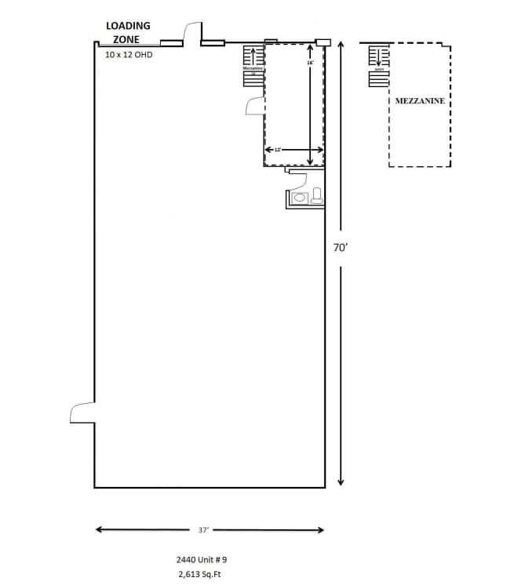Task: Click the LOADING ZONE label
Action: tap(128, 32)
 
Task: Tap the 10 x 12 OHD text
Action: tap(129, 55)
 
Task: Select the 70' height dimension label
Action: tap(340, 247)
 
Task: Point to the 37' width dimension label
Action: tap(203, 530)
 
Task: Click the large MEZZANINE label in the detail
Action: tap(420, 101)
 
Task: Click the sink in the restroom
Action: tap(300, 198)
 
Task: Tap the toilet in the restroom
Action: tap(317, 195)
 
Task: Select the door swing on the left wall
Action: tap(82, 412)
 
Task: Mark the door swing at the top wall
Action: tap(192, 31)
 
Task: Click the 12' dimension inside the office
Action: tap(277, 149)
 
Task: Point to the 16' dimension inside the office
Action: tap(310, 62)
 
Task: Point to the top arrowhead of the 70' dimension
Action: tap(341, 45)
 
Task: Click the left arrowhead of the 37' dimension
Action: tap(100, 530)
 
